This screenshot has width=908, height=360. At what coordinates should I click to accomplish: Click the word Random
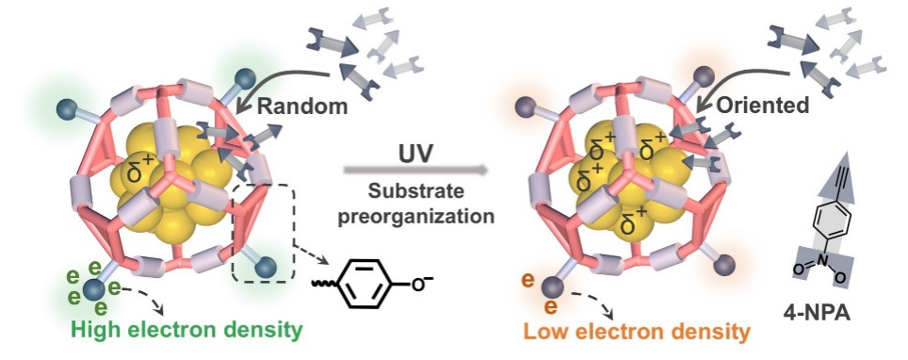coord(302,106)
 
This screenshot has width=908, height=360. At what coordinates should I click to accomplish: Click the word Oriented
coord(763,105)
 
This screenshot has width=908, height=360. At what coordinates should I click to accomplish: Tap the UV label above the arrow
coord(415,155)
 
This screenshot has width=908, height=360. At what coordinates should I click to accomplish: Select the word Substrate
coord(416,190)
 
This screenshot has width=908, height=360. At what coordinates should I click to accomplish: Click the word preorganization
coord(416,216)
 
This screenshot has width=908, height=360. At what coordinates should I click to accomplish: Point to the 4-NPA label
coord(826,314)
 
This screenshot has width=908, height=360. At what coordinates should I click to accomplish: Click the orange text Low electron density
coord(637,332)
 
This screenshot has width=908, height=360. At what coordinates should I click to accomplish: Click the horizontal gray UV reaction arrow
coord(415,171)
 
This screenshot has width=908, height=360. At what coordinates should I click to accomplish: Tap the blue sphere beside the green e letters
coord(94,288)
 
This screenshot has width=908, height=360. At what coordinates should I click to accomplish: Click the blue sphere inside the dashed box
coord(266,267)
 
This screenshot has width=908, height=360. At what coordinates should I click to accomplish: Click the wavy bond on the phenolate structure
coord(321,284)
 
